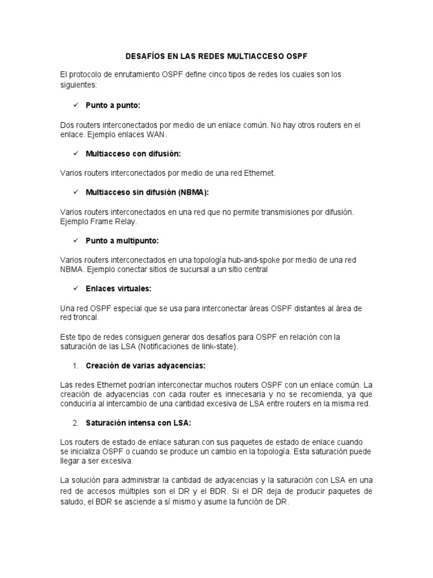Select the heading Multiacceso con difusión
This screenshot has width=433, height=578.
[133, 154]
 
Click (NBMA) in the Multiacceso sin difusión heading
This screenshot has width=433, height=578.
[193, 192]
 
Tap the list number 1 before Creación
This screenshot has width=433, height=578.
[75, 366]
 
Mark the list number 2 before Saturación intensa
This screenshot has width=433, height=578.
[75, 423]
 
